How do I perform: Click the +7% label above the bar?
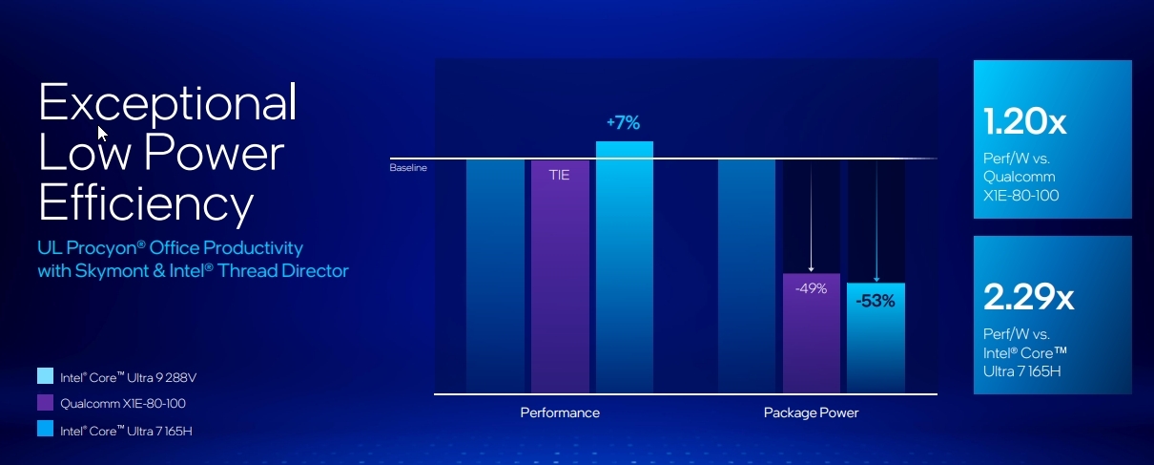click(623, 123)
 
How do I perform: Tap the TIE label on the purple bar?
click(559, 176)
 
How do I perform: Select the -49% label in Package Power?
click(811, 288)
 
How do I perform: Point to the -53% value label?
click(875, 301)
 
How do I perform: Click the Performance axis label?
click(560, 412)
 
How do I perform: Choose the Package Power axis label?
click(811, 412)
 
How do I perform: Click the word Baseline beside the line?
click(408, 168)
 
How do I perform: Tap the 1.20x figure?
click(1024, 123)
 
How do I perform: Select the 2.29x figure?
click(1028, 298)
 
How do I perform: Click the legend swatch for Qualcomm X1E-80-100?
click(45, 403)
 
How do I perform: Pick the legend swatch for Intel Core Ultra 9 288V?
click(45, 377)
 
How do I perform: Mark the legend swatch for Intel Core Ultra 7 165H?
click(45, 430)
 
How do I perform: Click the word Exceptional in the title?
click(168, 101)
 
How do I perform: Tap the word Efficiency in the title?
click(145, 202)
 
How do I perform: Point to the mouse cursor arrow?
click(102, 132)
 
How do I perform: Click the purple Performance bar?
click(559, 286)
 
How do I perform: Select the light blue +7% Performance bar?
click(625, 267)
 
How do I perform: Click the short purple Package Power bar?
click(811, 344)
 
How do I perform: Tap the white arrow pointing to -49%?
click(810, 220)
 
